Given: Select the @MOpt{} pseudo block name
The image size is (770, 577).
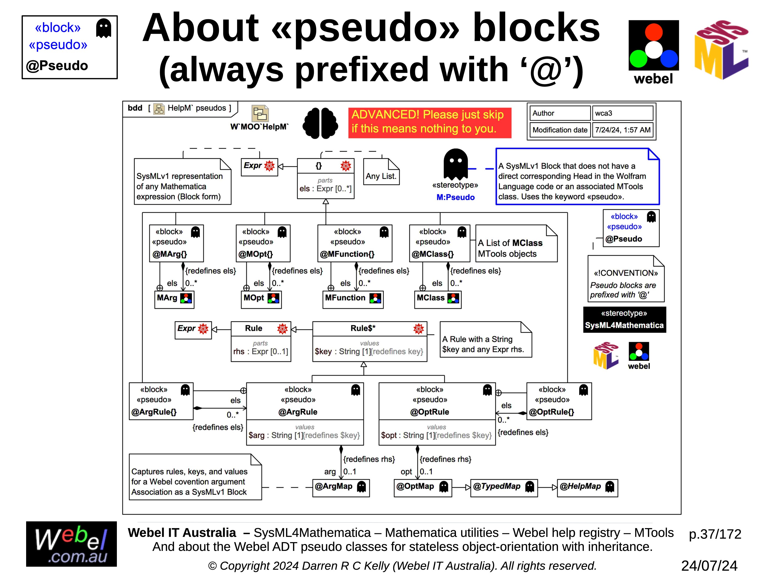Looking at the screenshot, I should pyautogui.click(x=255, y=254).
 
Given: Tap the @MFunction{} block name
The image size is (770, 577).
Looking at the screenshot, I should pyautogui.click(x=347, y=254).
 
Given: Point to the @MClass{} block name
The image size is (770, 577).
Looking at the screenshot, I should pyautogui.click(x=433, y=254).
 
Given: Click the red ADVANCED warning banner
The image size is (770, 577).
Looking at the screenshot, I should pyautogui.click(x=429, y=122).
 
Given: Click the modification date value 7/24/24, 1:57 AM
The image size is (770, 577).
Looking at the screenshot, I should pyautogui.click(x=622, y=130).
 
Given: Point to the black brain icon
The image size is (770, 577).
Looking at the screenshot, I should pyautogui.click(x=320, y=123).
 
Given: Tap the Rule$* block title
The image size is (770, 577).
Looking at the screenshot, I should pyautogui.click(x=363, y=328).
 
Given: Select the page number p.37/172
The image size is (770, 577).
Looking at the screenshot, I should pyautogui.click(x=715, y=534).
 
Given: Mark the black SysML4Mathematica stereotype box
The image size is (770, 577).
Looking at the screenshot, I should pyautogui.click(x=624, y=320).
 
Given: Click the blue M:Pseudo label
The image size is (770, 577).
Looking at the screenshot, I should pyautogui.click(x=455, y=198).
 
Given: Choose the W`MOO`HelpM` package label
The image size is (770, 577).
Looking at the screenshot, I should pyautogui.click(x=259, y=127).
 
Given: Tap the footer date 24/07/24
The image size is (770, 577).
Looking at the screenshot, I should pyautogui.click(x=709, y=566).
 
